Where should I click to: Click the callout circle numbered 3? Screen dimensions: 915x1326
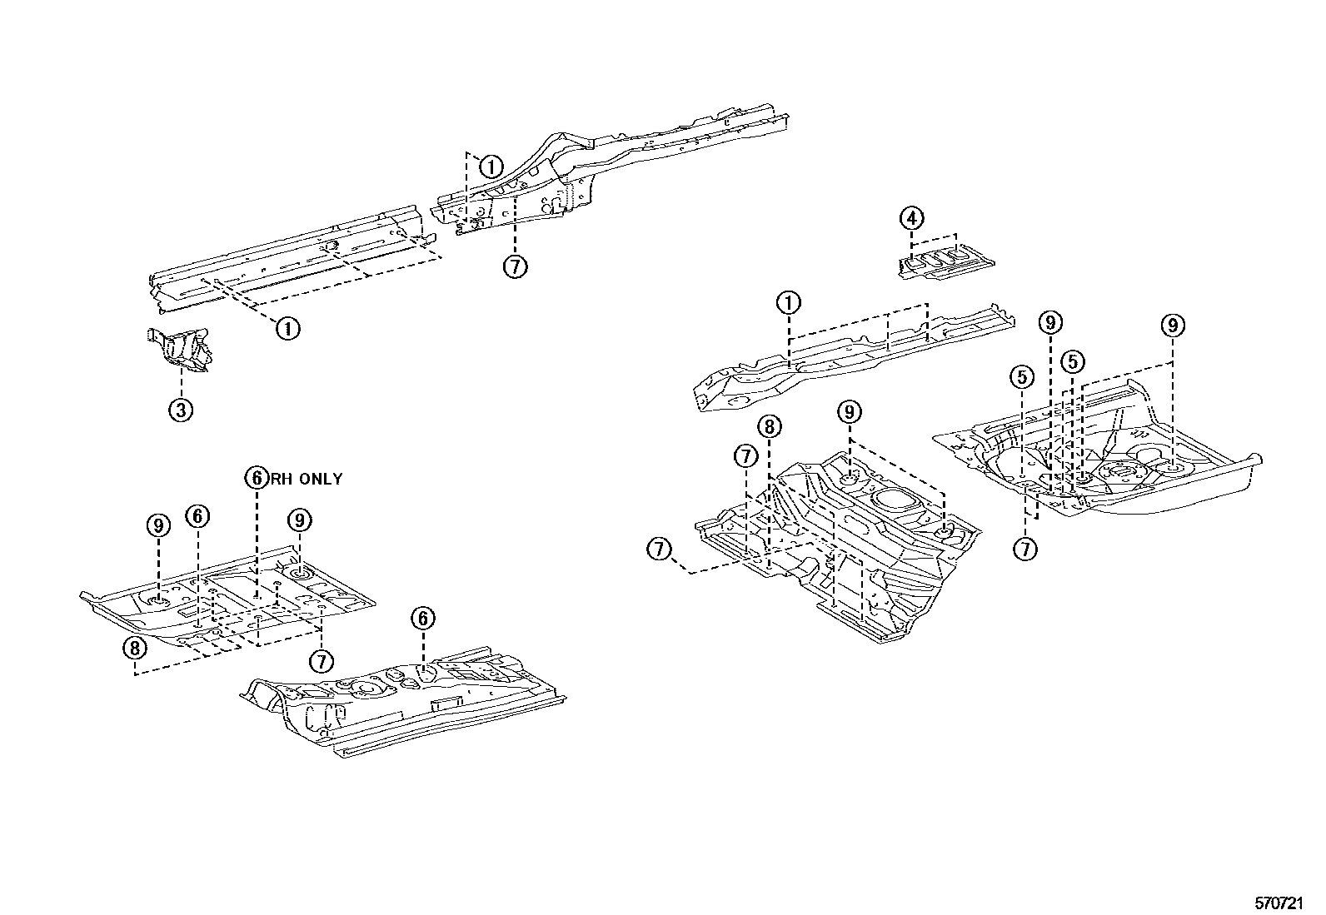click(x=182, y=409)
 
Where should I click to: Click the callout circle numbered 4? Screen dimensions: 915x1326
click(x=911, y=219)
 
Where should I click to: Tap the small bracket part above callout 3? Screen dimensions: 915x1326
click(x=182, y=347)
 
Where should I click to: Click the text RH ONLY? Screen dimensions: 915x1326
click(x=306, y=479)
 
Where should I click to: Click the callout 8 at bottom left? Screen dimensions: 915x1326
click(x=135, y=646)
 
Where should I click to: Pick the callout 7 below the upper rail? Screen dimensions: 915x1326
click(x=516, y=266)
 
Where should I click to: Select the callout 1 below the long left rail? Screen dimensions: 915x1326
click(x=287, y=328)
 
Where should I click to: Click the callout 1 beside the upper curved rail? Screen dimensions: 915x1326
click(x=491, y=166)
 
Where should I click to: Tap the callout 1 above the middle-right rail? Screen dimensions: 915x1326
click(x=789, y=303)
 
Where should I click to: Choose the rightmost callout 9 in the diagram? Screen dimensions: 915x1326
click(x=1172, y=326)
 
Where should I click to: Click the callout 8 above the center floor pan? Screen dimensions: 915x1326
click(x=770, y=427)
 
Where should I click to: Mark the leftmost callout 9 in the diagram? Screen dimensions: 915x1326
click(x=157, y=525)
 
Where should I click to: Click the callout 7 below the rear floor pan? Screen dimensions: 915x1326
click(x=1026, y=549)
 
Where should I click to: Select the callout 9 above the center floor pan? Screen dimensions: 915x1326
click(x=849, y=411)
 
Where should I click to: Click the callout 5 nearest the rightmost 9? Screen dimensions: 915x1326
click(x=1073, y=361)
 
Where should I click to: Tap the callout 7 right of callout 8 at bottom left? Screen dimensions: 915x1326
click(x=321, y=661)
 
